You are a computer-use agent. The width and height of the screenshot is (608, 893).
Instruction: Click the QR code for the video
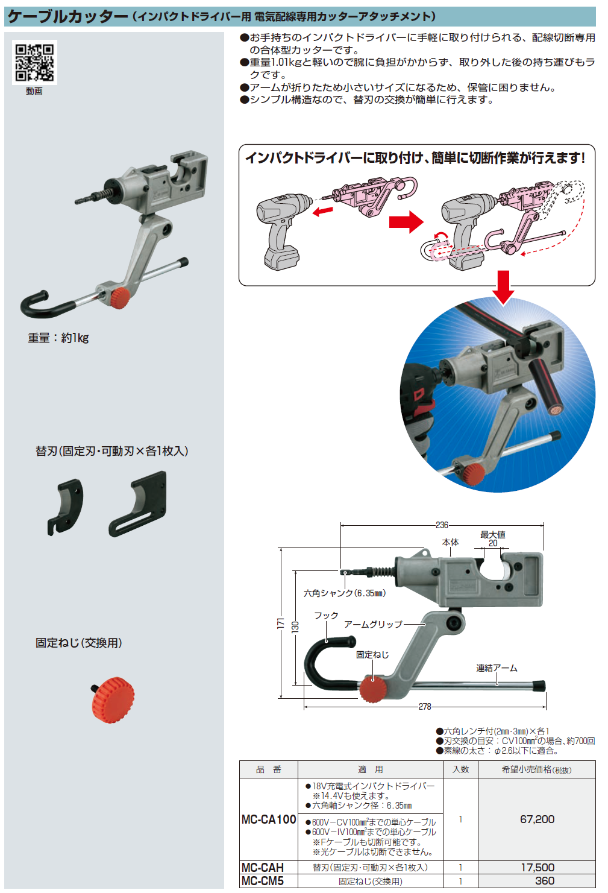[x=34, y=63]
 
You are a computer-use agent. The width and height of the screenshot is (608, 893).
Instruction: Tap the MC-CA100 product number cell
[x=268, y=819]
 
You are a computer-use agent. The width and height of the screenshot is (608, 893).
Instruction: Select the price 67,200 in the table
[x=537, y=819]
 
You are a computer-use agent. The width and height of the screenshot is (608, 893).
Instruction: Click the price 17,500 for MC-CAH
[x=537, y=868]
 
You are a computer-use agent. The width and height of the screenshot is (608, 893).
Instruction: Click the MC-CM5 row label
[x=262, y=881]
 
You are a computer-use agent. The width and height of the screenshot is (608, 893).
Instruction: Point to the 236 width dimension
[x=442, y=525]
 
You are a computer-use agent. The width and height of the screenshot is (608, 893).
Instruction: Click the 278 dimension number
[x=425, y=707]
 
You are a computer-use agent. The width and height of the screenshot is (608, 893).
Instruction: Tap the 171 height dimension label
[x=280, y=623]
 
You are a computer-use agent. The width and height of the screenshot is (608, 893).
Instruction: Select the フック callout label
[x=326, y=616]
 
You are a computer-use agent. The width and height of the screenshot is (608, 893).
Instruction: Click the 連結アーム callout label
[x=497, y=668]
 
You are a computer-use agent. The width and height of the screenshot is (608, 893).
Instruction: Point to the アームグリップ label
[x=373, y=625]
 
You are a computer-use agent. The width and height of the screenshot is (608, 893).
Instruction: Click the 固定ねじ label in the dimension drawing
[x=372, y=655]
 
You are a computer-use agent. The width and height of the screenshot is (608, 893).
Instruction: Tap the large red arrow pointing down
[x=503, y=287]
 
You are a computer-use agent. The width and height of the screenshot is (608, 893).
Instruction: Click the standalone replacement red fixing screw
[x=113, y=699]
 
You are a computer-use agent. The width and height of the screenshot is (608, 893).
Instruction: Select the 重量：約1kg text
[x=58, y=338]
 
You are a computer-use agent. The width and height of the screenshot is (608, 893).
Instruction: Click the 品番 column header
[x=268, y=769]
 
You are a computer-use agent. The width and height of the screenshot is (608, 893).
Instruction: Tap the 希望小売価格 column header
[x=536, y=769]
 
